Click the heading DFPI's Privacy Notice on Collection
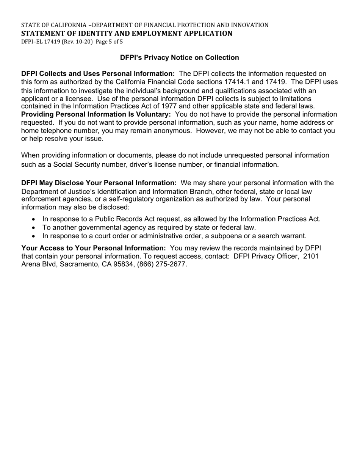point(179,58)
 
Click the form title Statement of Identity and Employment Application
point(127,33)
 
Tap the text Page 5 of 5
point(110,42)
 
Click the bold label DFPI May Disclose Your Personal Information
point(99,183)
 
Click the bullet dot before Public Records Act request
point(34,219)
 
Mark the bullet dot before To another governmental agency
point(34,228)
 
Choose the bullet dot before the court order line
point(34,236)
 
